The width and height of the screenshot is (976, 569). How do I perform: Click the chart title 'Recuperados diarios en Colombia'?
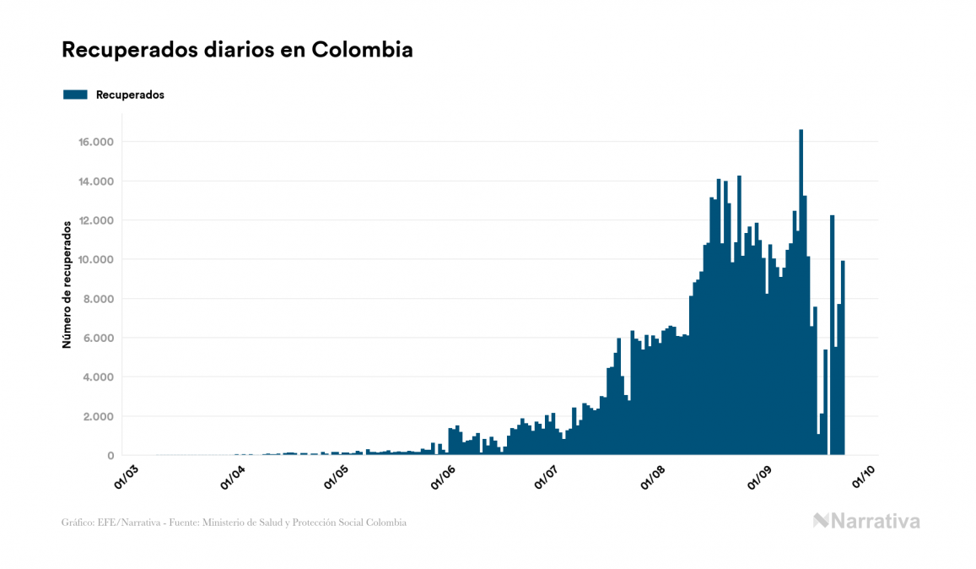pyautogui.click(x=237, y=50)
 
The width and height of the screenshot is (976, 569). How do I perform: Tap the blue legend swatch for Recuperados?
pyautogui.click(x=75, y=95)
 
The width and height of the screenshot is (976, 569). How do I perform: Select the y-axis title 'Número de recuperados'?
pyautogui.click(x=66, y=284)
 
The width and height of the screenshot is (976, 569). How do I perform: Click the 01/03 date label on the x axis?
pyautogui.click(x=129, y=476)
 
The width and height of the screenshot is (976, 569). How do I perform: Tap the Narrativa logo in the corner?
pyautogui.click(x=866, y=521)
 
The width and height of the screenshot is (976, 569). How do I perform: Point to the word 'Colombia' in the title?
pyautogui.click(x=362, y=50)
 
